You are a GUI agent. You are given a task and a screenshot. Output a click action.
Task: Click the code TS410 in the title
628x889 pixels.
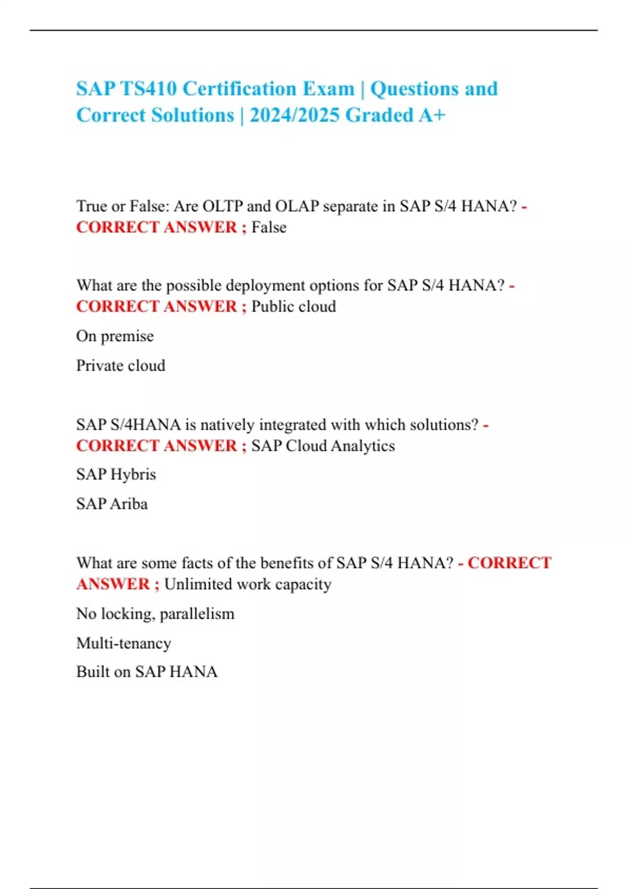[x=149, y=89]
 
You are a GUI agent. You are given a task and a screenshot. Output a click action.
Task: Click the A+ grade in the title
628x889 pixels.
[x=432, y=116]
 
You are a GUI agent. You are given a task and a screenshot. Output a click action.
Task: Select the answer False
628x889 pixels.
[x=269, y=227]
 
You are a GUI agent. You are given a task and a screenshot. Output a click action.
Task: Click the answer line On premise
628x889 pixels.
[x=115, y=336]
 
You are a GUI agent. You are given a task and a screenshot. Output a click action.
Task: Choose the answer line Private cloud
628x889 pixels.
[x=121, y=365]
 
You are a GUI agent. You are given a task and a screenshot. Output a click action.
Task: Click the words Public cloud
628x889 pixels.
[x=294, y=306]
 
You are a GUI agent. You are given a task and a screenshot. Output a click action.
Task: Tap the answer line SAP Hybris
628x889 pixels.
[x=116, y=474]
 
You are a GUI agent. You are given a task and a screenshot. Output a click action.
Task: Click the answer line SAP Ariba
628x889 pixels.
[x=112, y=504]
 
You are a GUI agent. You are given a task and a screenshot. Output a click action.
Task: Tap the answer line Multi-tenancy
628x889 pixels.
[x=124, y=643]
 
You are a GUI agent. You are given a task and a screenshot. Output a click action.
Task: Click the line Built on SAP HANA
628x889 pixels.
[x=147, y=671]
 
